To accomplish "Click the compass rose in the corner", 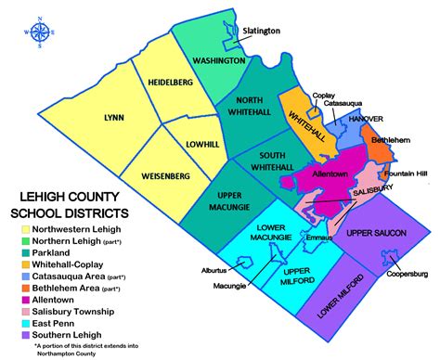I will (x=40, y=32).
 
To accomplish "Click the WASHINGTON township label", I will (x=218, y=60).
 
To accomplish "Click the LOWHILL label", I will (x=191, y=145).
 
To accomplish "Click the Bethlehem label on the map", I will (x=390, y=141).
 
